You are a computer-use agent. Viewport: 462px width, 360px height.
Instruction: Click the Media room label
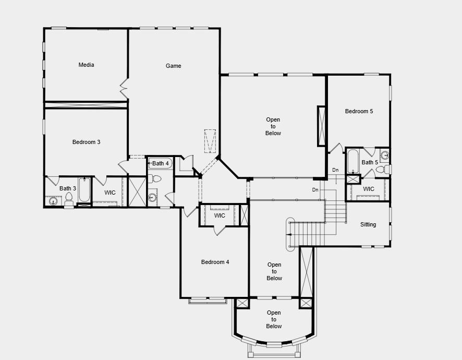pyautogui.click(x=86, y=65)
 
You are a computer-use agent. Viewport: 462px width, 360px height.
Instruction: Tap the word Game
pyautogui.click(x=174, y=66)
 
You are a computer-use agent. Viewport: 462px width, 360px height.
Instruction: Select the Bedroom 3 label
pyautogui.click(x=86, y=142)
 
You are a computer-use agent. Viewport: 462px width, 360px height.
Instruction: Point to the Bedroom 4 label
pyautogui.click(x=215, y=262)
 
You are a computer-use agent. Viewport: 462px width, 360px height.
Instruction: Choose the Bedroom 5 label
pyautogui.click(x=359, y=111)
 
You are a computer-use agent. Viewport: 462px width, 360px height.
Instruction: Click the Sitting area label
pyautogui.click(x=368, y=225)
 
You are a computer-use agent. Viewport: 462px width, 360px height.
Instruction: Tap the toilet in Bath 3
pyautogui.click(x=69, y=198)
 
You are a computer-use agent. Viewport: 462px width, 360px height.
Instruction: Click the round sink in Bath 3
pyautogui.click(x=53, y=201)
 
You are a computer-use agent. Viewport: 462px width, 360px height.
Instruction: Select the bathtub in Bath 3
pyautogui.click(x=84, y=190)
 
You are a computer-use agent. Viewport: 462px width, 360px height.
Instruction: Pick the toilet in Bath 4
pyautogui.click(x=155, y=179)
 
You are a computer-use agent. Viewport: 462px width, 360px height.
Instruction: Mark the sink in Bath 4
pyautogui.click(x=152, y=197)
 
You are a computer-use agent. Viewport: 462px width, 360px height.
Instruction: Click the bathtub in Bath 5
pyautogui.click(x=353, y=161)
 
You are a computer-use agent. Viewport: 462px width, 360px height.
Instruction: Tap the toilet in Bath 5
pyautogui.click(x=382, y=170)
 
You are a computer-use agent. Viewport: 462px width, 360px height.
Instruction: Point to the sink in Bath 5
pyautogui.click(x=384, y=155)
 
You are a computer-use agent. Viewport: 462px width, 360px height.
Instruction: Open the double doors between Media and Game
pyautogui.click(x=124, y=89)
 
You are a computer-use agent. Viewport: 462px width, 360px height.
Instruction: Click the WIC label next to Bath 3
pyautogui.click(x=110, y=193)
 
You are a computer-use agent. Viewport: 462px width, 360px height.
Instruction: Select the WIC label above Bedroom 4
pyautogui.click(x=220, y=215)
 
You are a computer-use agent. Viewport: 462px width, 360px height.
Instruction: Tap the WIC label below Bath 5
pyautogui.click(x=369, y=189)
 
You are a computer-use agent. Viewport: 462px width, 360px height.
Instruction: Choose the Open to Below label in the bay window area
pyautogui.click(x=274, y=319)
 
